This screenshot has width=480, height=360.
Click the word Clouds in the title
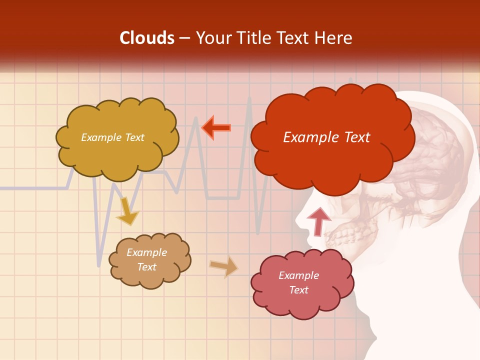[147, 38]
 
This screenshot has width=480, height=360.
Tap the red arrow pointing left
[216, 128]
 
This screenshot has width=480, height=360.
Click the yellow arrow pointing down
[127, 211]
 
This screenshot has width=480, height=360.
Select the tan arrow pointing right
[224, 266]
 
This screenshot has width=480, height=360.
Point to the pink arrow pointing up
[318, 221]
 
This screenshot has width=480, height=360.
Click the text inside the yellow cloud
[112, 137]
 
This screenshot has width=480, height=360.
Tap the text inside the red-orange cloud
[326, 137]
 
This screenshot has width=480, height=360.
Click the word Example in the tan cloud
[146, 252]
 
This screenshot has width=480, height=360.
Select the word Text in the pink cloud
[298, 290]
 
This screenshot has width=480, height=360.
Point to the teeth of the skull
[345, 235]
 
